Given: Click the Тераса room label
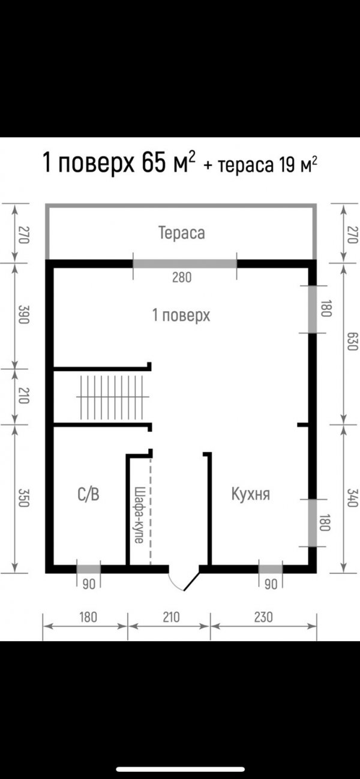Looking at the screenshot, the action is (182, 233).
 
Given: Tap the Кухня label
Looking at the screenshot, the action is (250, 494).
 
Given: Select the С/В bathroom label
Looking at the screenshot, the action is (88, 494).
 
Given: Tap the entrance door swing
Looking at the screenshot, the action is (184, 581).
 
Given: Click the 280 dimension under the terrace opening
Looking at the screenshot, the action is (182, 278).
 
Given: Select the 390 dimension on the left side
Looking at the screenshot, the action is (23, 314).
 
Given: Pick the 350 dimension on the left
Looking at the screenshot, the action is (23, 498).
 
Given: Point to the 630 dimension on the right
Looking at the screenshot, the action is (352, 341).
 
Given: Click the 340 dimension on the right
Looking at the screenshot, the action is (352, 498).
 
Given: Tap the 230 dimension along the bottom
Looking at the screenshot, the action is (263, 617).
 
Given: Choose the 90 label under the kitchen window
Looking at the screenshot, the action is (271, 584).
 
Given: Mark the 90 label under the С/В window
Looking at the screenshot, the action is (89, 584).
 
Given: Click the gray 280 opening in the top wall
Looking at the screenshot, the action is (185, 264).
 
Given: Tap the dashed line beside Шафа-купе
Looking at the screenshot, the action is (151, 510).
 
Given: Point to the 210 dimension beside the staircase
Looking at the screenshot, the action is (23, 396).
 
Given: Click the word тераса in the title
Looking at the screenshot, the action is (245, 166).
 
